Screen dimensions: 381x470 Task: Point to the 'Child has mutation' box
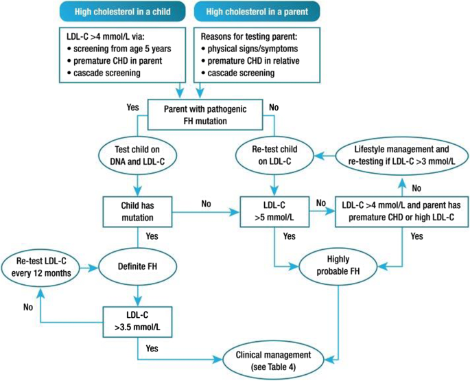(138, 209)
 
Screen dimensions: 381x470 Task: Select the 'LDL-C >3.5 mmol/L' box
(138, 319)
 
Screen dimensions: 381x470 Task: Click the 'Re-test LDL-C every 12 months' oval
(39, 264)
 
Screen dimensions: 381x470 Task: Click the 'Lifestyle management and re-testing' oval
(401, 155)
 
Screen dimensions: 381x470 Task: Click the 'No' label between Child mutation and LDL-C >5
(206, 203)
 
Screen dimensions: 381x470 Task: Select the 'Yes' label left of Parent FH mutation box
(132, 107)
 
